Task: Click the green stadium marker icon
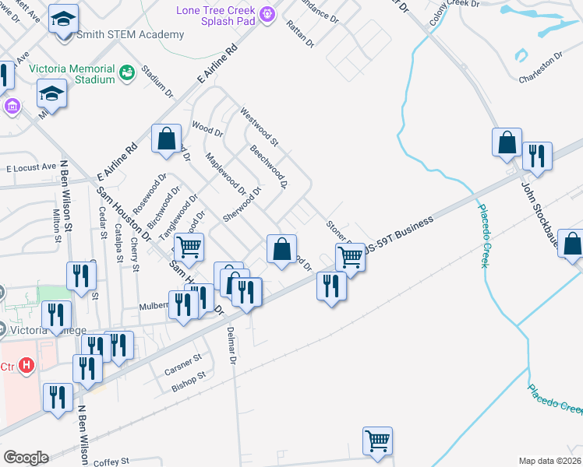(x=126, y=73)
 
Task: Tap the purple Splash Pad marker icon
(x=267, y=13)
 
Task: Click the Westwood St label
(x=259, y=126)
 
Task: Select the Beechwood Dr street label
(x=269, y=167)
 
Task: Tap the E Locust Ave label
(x=31, y=167)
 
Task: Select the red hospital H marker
(x=26, y=364)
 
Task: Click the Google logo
(x=26, y=458)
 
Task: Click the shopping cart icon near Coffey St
(x=378, y=440)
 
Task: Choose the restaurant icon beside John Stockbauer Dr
(x=538, y=155)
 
